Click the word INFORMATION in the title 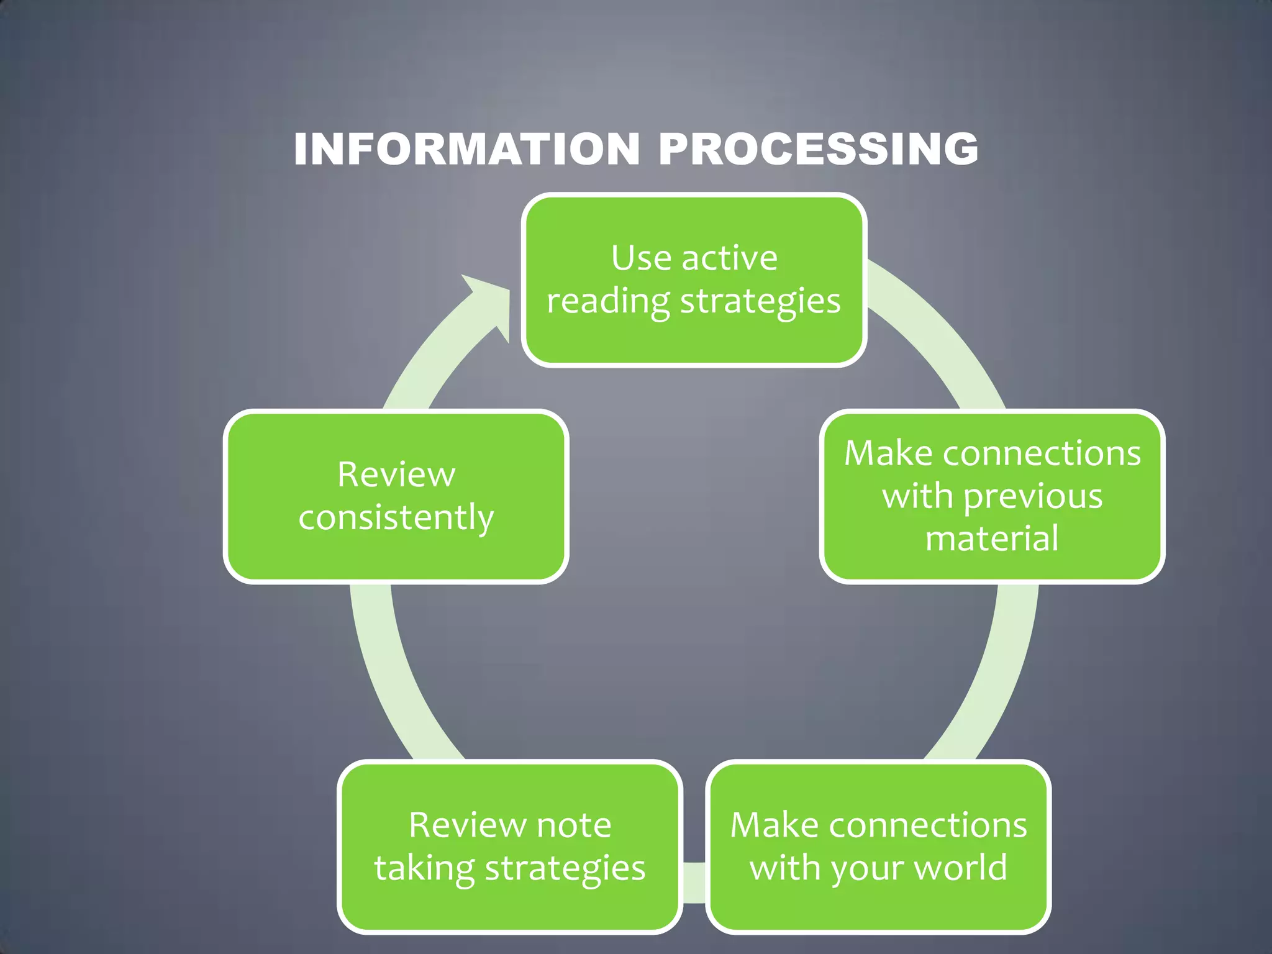[466, 149]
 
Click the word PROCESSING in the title [818, 149]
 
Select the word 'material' [992, 538]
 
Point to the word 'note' [573, 825]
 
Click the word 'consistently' [396, 517]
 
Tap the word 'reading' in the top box [608, 301]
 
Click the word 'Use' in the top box [641, 258]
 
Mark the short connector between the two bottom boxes [694, 882]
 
